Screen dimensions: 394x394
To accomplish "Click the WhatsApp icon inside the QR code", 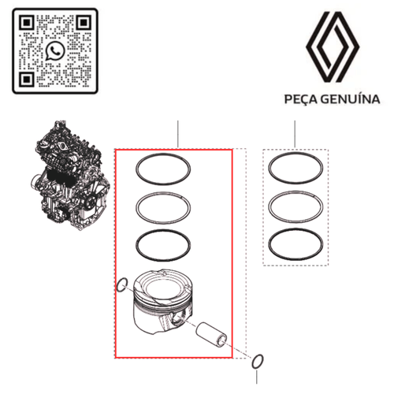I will pos(54,51).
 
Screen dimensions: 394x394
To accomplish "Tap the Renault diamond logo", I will pos(332,49).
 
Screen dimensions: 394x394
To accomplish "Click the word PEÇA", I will pos(301,99).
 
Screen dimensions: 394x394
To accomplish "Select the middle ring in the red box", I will pos(164,207).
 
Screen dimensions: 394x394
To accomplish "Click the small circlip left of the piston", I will pos(121,284).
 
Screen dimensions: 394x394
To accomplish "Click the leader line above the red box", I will pos(178,134).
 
